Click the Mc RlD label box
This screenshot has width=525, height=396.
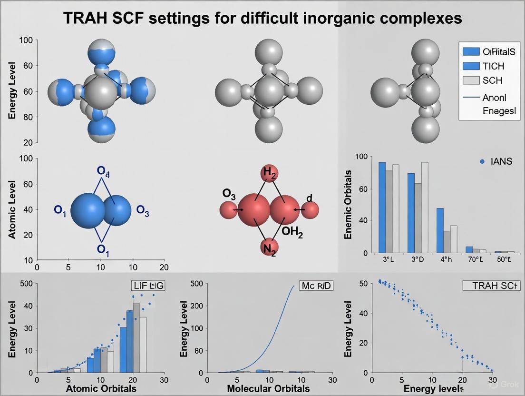click(316, 286)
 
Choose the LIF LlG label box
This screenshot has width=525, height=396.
click(145, 286)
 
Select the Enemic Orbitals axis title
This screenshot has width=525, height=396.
click(348, 205)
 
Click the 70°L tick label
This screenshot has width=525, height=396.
click(474, 260)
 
